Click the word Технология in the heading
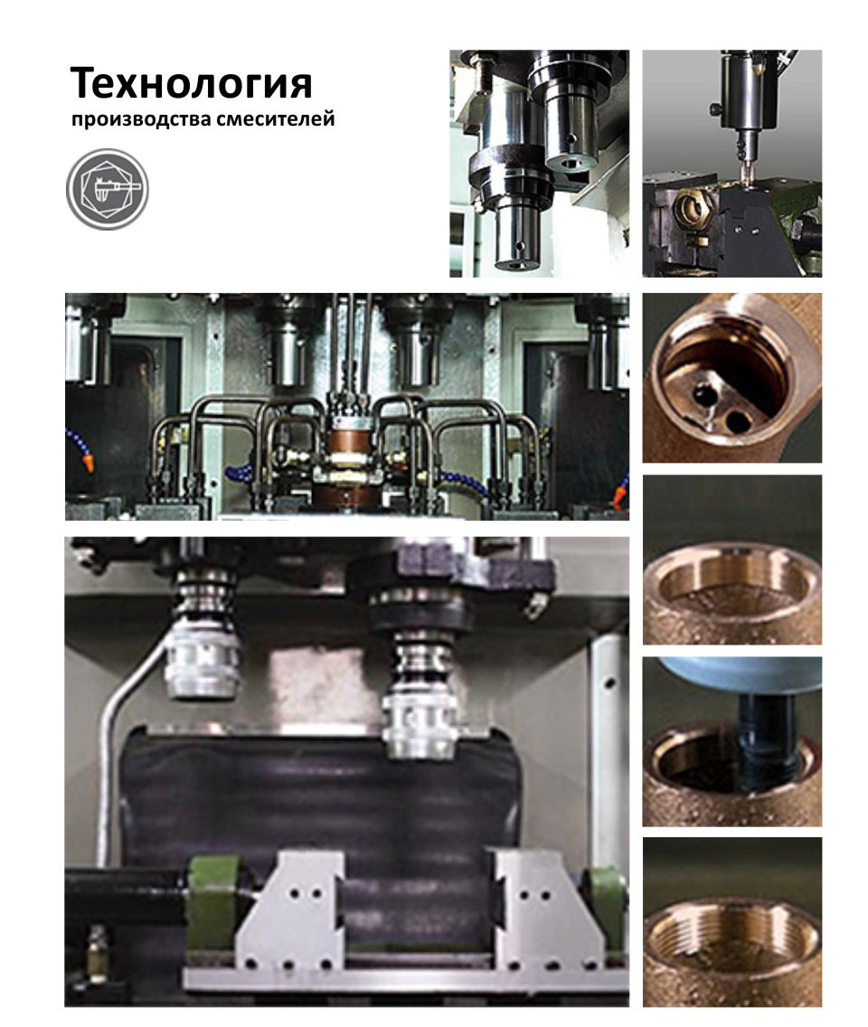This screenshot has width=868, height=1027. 192,83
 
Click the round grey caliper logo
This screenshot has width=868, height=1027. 108,189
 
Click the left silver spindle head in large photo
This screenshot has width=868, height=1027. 203,663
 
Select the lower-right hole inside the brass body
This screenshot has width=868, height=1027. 739,419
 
